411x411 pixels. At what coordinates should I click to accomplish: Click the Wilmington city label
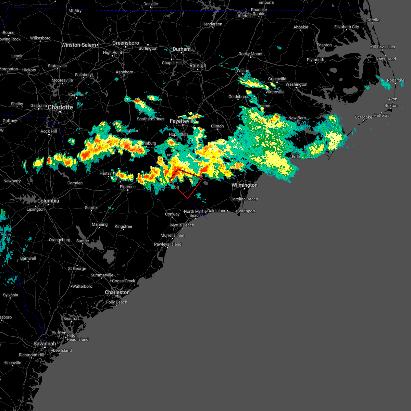point(245,185)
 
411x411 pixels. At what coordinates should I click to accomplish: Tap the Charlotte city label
point(60,108)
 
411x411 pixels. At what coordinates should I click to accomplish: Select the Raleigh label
point(198,65)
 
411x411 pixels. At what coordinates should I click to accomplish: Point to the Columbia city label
point(48,201)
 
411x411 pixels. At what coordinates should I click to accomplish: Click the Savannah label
point(45,344)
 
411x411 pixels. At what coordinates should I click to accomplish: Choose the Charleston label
point(117,292)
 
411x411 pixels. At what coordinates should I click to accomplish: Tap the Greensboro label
point(126,43)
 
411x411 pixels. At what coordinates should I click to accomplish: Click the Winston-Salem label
point(79,45)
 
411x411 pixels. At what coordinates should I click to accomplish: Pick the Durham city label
point(182,49)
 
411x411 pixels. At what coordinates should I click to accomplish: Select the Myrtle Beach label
point(182,225)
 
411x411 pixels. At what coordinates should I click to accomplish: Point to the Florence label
point(128,187)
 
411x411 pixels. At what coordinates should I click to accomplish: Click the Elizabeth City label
point(347,27)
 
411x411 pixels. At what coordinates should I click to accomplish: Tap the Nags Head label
point(386,59)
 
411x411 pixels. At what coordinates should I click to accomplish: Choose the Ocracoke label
point(363,117)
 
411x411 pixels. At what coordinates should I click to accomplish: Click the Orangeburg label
point(60,240)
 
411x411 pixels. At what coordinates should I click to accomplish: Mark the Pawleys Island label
point(168,244)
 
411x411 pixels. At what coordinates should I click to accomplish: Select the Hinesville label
point(12,363)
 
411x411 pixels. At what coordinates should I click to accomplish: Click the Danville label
point(151,4)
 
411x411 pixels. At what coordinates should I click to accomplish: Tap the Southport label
point(246,211)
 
